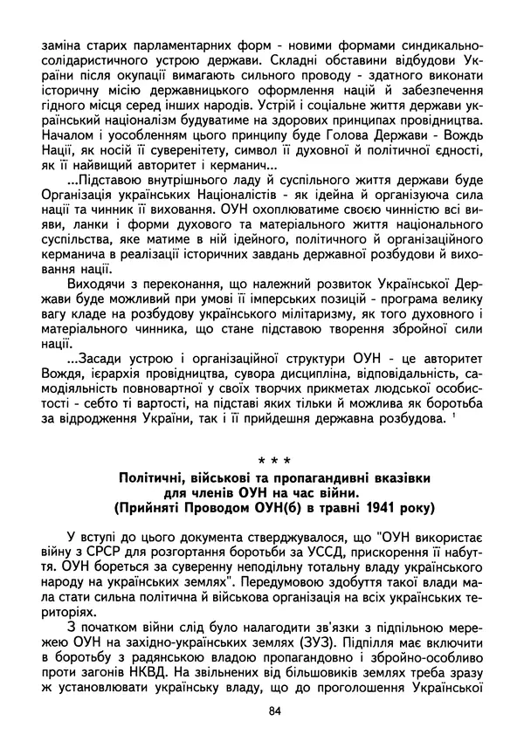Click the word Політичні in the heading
click(x=155, y=478)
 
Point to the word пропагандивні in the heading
click(x=331, y=478)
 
